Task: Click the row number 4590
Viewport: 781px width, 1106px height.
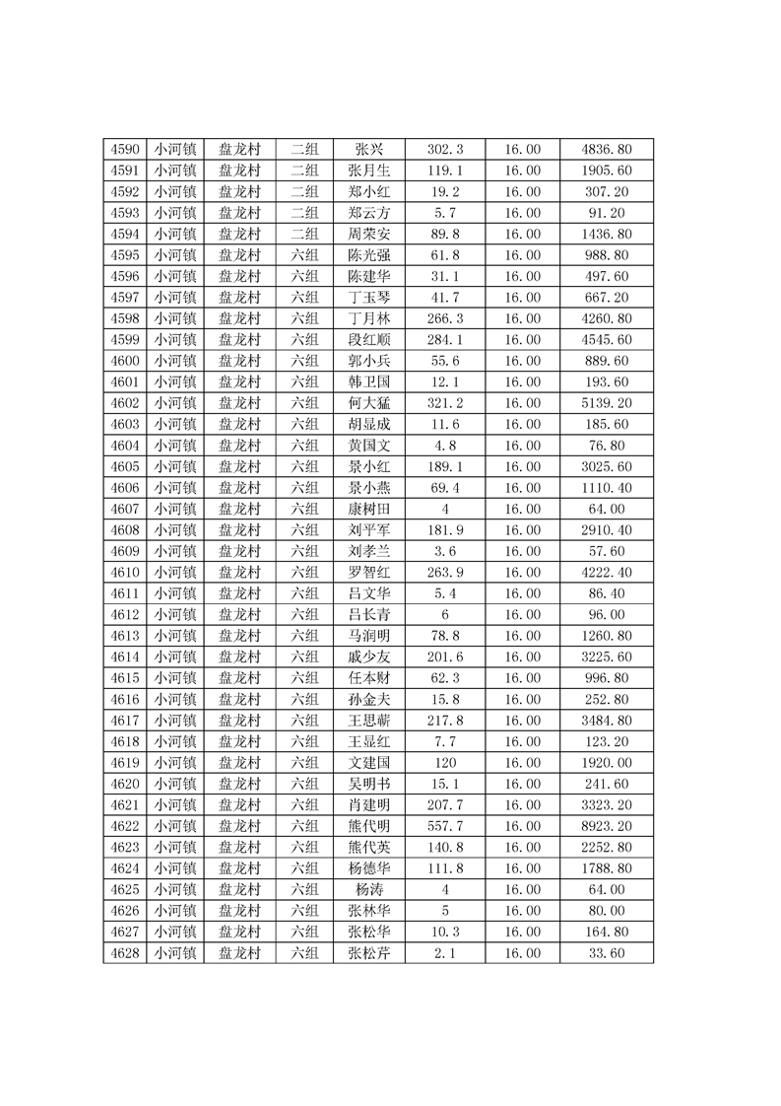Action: click(x=124, y=150)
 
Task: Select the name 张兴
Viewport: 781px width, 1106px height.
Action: click(x=369, y=150)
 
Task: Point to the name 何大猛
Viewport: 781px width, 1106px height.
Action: click(x=369, y=403)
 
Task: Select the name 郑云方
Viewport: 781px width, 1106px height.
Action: click(x=369, y=213)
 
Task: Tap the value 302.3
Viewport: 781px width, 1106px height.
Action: click(x=445, y=150)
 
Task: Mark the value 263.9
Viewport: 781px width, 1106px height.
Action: click(x=445, y=573)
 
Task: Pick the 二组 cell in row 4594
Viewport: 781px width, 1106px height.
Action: click(x=304, y=235)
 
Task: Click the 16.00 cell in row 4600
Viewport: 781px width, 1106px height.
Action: click(x=522, y=361)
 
